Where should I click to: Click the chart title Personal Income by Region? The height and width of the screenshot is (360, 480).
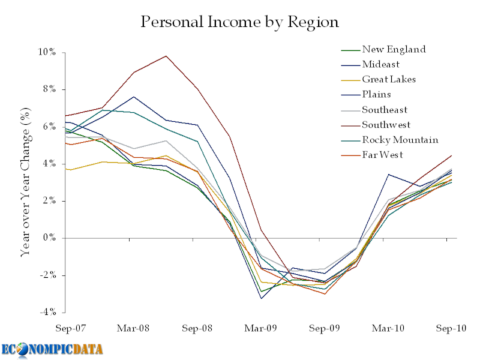[x=239, y=23]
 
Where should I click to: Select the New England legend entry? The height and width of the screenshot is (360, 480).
[x=394, y=49]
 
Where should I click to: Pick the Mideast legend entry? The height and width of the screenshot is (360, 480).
[x=380, y=64]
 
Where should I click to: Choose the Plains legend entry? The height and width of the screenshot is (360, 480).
[x=376, y=94]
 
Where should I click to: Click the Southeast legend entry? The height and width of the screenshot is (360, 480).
[x=385, y=110]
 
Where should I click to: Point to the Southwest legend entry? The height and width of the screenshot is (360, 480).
[x=386, y=125]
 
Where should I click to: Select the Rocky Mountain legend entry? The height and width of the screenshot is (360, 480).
[x=400, y=140]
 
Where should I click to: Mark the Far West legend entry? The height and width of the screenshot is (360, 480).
[x=382, y=155]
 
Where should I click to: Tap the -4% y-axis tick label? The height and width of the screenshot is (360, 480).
[x=49, y=313]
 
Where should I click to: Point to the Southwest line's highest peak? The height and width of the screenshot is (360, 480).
[x=166, y=56]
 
